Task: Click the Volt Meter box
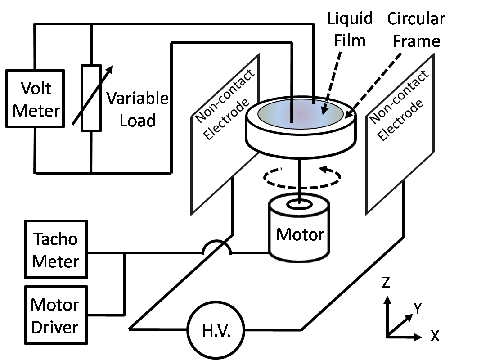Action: (34, 98)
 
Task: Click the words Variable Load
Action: (137, 109)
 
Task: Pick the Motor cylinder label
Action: (300, 234)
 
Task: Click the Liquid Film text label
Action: (350, 29)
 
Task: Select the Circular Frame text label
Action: (416, 30)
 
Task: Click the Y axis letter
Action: (418, 308)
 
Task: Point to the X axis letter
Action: (435, 336)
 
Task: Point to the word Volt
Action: (35, 88)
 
